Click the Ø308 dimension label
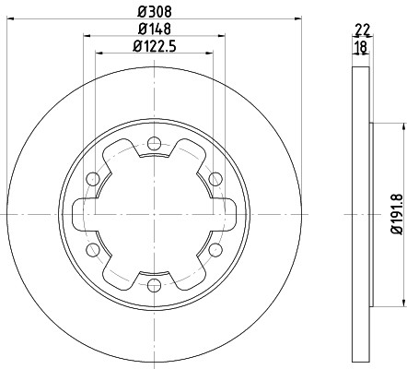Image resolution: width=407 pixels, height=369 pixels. click(155, 12)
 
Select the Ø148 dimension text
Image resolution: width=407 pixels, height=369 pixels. click(155, 29)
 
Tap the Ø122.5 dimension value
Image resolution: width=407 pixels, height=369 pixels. click(155, 46)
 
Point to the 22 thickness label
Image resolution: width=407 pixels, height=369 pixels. click(363, 30)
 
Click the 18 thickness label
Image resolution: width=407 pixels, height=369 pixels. click(361, 47)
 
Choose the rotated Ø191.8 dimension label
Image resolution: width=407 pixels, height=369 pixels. click(396, 214)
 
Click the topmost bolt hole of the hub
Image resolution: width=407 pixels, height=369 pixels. click(154, 143)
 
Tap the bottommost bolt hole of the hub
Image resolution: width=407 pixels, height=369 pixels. click(154, 285)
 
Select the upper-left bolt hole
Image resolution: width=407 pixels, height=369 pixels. click(93, 179)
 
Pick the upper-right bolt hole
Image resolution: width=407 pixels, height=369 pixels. click(215, 179)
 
